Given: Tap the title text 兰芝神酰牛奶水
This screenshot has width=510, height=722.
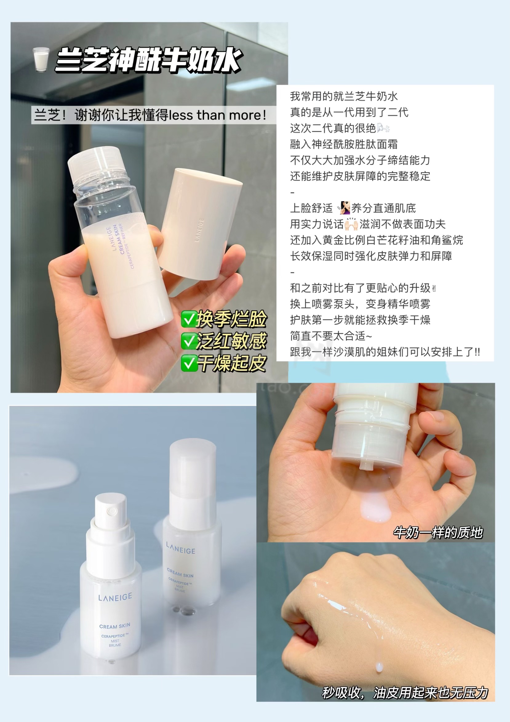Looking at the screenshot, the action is click(x=148, y=60).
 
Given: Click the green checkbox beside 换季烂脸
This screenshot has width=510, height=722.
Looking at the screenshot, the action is click(x=189, y=320).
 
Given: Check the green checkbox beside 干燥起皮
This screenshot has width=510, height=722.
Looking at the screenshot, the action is click(x=189, y=363).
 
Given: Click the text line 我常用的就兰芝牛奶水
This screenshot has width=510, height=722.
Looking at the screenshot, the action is click(x=344, y=96).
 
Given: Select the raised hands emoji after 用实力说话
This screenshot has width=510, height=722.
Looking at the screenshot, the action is click(x=351, y=224).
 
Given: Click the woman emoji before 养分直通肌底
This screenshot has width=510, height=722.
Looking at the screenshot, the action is click(x=344, y=208).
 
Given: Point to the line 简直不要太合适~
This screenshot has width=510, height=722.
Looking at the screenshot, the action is click(x=331, y=336).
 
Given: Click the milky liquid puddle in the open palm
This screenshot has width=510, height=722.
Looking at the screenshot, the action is click(x=375, y=508).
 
